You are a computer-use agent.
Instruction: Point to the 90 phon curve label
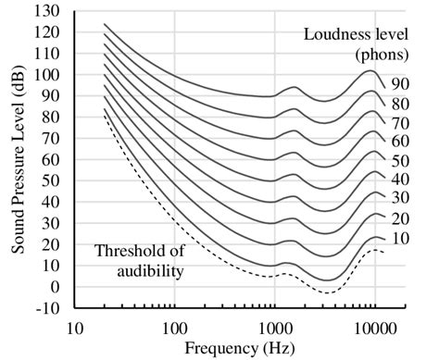click(x=398, y=84)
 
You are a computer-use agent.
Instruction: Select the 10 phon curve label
click(x=398, y=240)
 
